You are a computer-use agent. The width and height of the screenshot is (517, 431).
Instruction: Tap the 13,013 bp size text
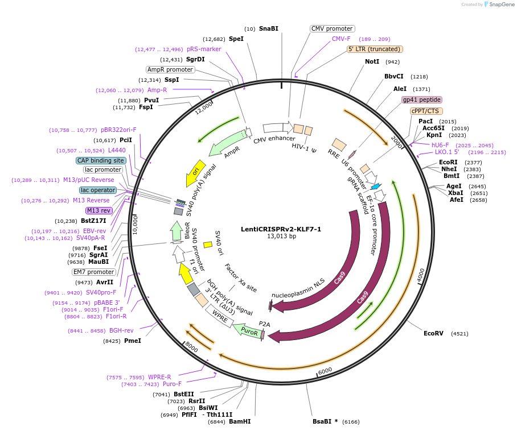click(x=281, y=237)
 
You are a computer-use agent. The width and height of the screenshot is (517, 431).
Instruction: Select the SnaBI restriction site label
click(x=269, y=28)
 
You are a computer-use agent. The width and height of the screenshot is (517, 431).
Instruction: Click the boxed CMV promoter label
click(x=333, y=28)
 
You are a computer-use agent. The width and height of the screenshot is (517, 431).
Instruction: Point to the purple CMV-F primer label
click(x=341, y=39)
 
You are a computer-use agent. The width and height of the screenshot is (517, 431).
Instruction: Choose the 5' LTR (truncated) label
click(x=375, y=49)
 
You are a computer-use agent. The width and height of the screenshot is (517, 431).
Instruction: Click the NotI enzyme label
click(x=372, y=61)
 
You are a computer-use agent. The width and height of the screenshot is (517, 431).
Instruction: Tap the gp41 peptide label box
click(x=422, y=100)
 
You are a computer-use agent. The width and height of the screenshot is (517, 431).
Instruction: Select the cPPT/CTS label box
click(x=426, y=111)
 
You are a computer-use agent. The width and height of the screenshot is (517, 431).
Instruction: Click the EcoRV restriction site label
click(x=433, y=333)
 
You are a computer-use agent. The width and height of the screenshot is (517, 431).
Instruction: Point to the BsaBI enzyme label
click(x=325, y=421)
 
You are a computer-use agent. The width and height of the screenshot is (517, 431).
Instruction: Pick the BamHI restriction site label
click(x=240, y=421)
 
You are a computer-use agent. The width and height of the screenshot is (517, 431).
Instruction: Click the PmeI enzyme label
click(x=132, y=341)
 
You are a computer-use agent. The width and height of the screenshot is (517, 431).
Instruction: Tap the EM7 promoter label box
click(x=93, y=272)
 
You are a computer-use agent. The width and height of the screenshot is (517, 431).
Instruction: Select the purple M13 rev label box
click(x=99, y=210)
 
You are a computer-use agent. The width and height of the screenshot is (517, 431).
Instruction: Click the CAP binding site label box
click(x=101, y=160)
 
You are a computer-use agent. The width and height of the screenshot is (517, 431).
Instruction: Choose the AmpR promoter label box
click(x=170, y=69)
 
